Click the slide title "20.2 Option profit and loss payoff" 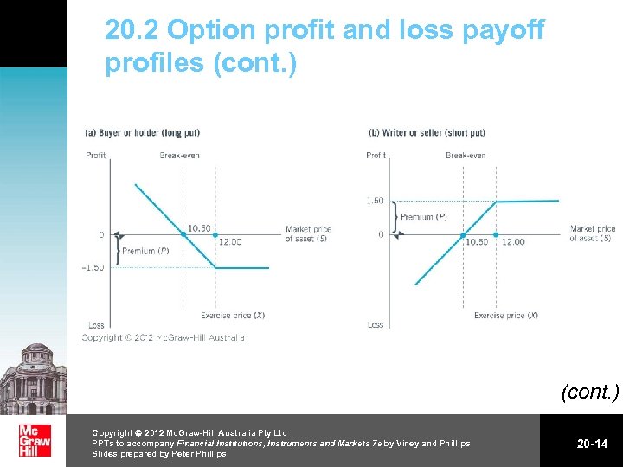(324, 31)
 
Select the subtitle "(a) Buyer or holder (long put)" (142, 132)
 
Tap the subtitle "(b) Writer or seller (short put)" (427, 132)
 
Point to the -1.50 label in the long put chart (93, 267)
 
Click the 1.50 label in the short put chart (375, 201)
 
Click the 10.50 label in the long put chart (199, 228)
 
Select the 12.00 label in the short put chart (513, 242)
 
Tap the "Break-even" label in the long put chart (179, 156)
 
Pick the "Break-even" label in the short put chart (466, 156)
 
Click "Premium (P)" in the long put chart (145, 251)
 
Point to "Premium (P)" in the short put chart (424, 217)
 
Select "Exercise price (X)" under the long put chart (233, 316)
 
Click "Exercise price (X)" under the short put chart (506, 316)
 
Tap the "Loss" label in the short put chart (376, 325)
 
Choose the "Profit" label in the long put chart (96, 156)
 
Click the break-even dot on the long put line (183, 234)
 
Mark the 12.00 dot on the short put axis (496, 234)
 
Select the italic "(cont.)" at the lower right (590, 392)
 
